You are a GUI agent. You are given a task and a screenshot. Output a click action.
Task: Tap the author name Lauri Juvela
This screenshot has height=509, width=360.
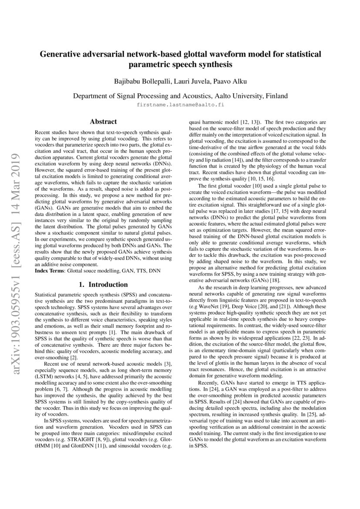point(188,81)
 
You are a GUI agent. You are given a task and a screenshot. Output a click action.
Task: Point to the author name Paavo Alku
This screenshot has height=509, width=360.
point(226,81)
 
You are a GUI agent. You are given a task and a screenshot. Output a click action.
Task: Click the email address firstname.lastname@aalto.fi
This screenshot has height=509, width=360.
point(180,105)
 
